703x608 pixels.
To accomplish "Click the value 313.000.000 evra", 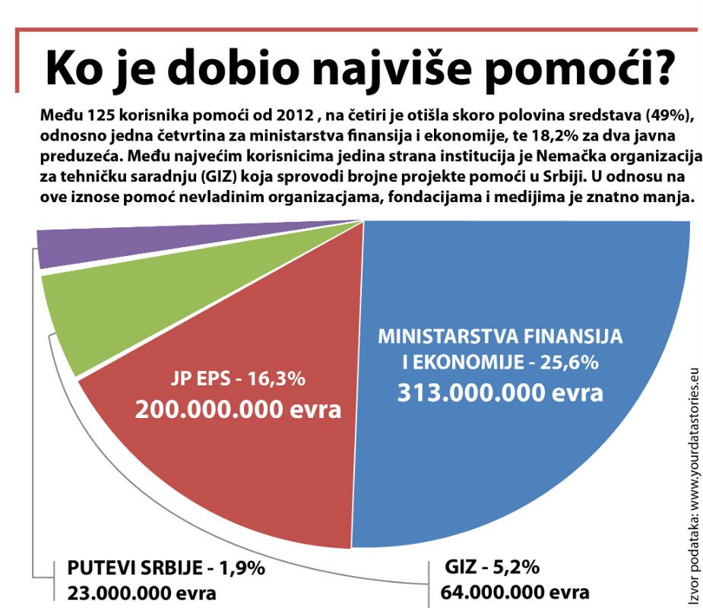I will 500,392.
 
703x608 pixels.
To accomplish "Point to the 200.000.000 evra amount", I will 238,410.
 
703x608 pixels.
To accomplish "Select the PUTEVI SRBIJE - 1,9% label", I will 165,569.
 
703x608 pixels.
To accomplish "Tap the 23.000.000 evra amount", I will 141,593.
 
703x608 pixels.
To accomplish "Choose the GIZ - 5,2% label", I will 494,568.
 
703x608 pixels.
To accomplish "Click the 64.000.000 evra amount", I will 515,593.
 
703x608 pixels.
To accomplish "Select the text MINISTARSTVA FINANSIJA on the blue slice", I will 500,335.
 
